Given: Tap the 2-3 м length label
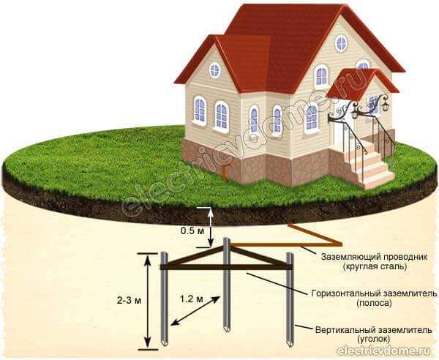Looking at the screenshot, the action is pyautogui.click(x=129, y=301).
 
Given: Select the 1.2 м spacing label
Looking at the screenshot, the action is pyautogui.click(x=191, y=299).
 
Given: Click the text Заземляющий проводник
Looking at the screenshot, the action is pyautogui.click(x=375, y=257).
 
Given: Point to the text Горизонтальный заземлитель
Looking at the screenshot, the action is pyautogui.click(x=374, y=293).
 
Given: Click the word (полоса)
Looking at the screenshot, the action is pyautogui.click(x=374, y=303).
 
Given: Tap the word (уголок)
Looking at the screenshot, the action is pyautogui.click(x=373, y=339).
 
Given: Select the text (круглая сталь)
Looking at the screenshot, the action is pyautogui.click(x=375, y=266).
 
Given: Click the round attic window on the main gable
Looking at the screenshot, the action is pyautogui.click(x=341, y=43).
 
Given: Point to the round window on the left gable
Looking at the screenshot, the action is pyautogui.click(x=214, y=70).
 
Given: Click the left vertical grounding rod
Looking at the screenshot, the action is pyautogui.click(x=165, y=299).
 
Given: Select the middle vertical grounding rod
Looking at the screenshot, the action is pyautogui.click(x=227, y=284).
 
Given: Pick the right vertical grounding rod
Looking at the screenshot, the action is pyautogui.click(x=290, y=299).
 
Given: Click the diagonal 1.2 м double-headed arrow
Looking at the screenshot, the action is pyautogui.click(x=195, y=311).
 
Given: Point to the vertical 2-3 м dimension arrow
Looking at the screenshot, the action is pyautogui.click(x=148, y=301).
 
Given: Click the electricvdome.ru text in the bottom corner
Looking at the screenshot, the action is pyautogui.click(x=386, y=350).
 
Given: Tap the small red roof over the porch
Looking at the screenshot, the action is pyautogui.click(x=361, y=83).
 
